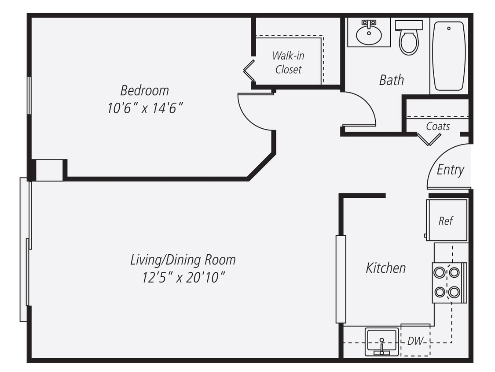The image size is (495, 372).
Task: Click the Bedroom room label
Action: click(144, 90)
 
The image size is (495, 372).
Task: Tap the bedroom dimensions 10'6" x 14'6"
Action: click(145, 108)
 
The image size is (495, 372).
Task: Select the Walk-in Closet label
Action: click(288, 62)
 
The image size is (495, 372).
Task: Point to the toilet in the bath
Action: click(409, 38)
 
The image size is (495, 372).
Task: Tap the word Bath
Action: click(391, 80)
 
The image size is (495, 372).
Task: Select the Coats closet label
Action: click(438, 126)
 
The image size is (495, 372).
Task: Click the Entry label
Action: click(450, 170)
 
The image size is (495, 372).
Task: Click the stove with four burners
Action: click(447, 283)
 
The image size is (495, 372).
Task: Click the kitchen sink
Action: click(381, 342)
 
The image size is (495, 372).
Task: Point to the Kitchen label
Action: click(385, 268)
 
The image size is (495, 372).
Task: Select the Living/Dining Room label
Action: click(183, 260)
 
